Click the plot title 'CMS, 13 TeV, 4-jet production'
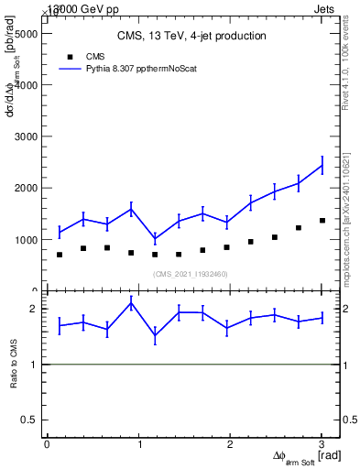[x=191, y=36]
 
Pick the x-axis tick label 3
[x=322, y=444]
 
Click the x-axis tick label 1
[x=138, y=444]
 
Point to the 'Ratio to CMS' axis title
[x=14, y=364]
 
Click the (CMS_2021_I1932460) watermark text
[x=191, y=274]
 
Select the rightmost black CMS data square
[x=322, y=221]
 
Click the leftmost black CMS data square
[x=60, y=255]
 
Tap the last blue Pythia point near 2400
[x=322, y=166]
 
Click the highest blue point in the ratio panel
[x=131, y=303]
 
